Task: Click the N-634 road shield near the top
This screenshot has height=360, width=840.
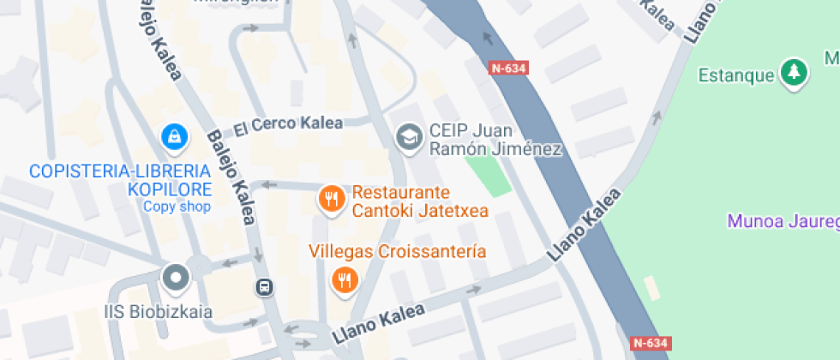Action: coord(508,68)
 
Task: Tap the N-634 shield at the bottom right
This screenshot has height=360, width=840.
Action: coord(650,343)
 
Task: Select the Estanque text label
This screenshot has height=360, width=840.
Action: coord(736,75)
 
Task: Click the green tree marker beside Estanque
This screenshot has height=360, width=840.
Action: coord(795,72)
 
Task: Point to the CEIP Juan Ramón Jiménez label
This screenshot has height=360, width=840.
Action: coord(495,140)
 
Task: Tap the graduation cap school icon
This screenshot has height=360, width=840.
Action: coord(409,135)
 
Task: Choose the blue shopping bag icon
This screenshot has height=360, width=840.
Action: coord(175,135)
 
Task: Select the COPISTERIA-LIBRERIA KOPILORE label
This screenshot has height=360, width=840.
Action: coord(120,179)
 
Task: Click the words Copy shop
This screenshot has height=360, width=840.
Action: coord(177,206)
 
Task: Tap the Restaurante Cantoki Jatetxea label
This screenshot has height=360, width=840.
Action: coord(401,201)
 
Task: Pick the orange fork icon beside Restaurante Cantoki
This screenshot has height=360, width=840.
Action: coord(331,200)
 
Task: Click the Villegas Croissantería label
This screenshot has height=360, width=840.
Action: coord(398,252)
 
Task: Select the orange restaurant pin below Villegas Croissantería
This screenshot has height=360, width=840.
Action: coord(345,279)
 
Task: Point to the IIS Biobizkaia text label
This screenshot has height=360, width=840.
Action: coord(159,311)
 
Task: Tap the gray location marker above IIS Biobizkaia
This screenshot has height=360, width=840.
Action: coord(176,277)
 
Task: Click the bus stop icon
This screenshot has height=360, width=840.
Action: coord(265,287)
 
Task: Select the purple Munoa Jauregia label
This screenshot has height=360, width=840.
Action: coord(783,221)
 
